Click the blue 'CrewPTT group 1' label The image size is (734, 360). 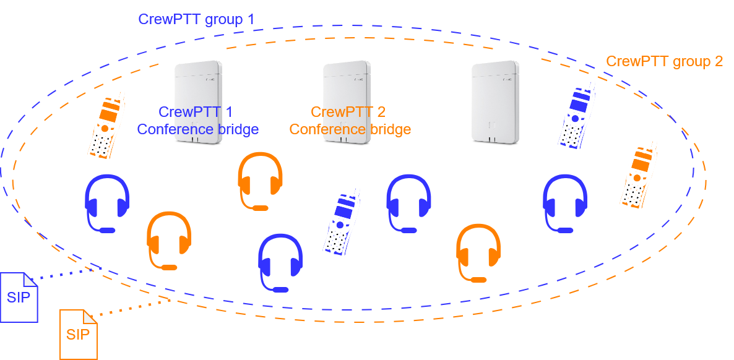(196, 19)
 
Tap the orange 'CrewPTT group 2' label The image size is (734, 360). (664, 62)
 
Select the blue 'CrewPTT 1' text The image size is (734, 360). (196, 112)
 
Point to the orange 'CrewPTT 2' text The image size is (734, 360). (348, 112)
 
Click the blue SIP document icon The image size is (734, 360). (19, 297)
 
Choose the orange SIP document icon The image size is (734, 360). (78, 334)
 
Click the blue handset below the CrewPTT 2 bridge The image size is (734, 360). (342, 222)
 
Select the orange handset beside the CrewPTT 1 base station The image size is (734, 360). (106, 126)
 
